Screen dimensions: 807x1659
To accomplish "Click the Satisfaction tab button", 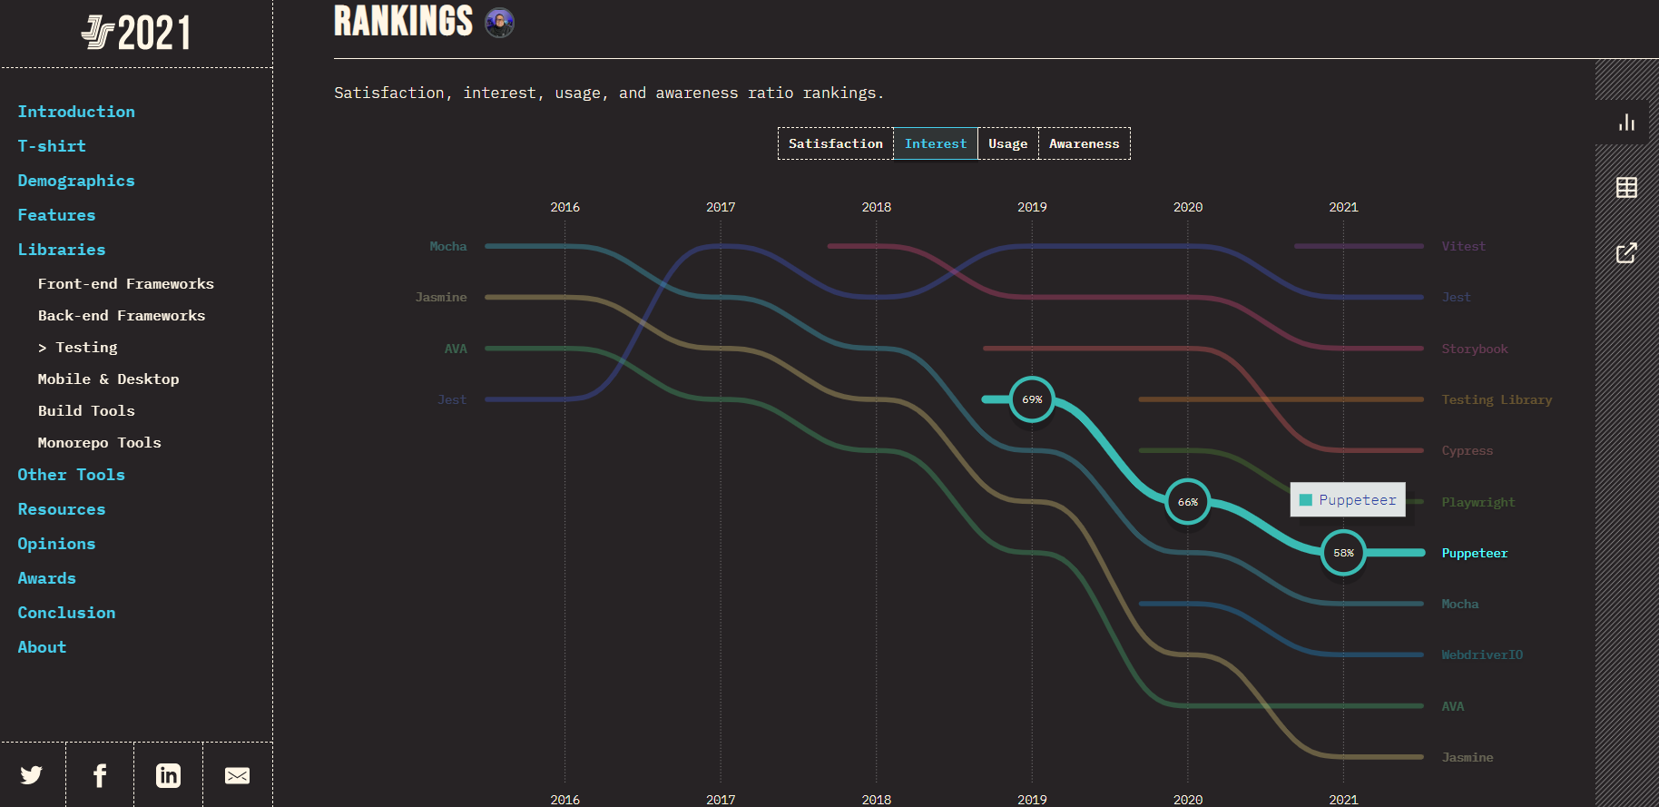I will click(x=835, y=143).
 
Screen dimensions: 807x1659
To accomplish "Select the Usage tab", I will click(x=1007, y=143).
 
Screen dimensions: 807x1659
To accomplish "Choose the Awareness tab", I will click(x=1084, y=143).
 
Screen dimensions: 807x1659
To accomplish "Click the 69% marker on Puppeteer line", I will click(x=1032, y=399).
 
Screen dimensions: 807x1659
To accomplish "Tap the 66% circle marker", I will click(x=1188, y=502).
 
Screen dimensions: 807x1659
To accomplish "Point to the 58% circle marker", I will click(x=1343, y=553).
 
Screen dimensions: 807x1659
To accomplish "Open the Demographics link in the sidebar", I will click(x=76, y=181).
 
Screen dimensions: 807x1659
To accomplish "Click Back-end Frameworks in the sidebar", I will click(x=122, y=316).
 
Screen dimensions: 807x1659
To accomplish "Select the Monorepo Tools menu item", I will click(x=100, y=443).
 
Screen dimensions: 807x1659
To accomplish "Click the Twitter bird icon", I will click(x=32, y=775).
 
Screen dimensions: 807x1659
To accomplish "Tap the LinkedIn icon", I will click(x=168, y=775).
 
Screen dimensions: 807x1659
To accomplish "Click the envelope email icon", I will click(x=237, y=775).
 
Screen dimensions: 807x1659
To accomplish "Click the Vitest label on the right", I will click(x=1463, y=246).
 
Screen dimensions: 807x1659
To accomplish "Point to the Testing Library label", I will click(x=1497, y=399).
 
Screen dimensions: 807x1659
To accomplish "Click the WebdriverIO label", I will click(x=1482, y=654).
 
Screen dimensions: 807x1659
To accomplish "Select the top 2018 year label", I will click(x=876, y=207).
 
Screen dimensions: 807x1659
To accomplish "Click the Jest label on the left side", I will click(x=452, y=399).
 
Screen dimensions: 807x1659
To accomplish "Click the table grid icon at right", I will click(x=1626, y=188).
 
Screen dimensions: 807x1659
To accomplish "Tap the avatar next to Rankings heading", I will click(x=499, y=23).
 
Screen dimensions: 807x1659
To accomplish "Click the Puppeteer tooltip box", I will click(x=1348, y=500).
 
